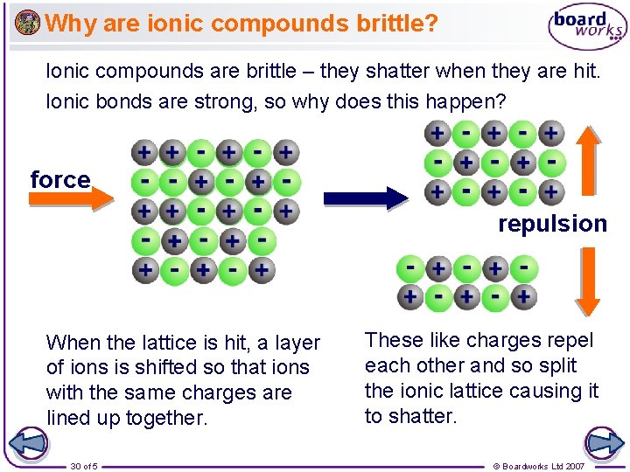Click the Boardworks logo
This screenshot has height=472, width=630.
[587, 27]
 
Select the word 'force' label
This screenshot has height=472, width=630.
[59, 180]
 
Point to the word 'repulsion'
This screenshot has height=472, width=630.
[552, 224]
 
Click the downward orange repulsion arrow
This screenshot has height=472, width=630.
[588, 280]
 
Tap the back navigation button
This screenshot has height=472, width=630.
[30, 444]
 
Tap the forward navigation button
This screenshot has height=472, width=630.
[601, 444]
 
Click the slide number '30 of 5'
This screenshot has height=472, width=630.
[84, 466]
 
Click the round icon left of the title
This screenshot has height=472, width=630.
[28, 22]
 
